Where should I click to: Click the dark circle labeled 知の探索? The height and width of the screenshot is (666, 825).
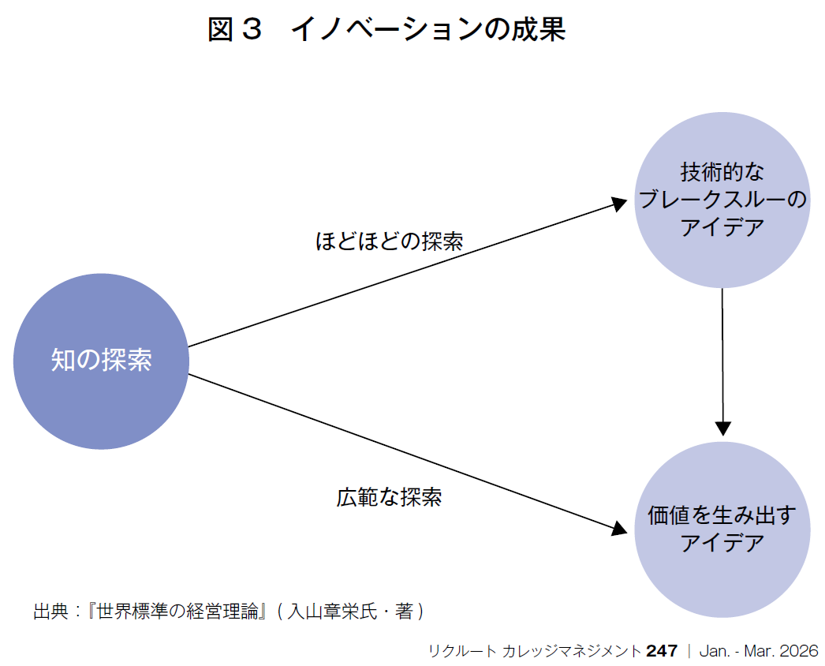point(101,361)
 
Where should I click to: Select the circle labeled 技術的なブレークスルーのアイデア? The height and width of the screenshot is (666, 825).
point(722,200)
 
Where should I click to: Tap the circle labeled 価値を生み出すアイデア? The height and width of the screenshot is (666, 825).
point(722,529)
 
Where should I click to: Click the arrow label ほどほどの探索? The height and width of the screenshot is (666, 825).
point(389,241)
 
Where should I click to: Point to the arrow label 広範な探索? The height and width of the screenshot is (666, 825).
point(389,497)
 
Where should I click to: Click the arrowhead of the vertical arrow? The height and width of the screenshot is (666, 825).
point(722,428)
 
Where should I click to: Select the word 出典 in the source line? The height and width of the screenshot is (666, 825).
point(50,612)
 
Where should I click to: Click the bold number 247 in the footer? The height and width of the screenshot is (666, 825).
point(662,651)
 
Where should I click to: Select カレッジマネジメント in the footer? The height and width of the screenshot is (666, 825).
point(571,651)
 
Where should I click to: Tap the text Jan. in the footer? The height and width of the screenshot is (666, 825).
point(714,651)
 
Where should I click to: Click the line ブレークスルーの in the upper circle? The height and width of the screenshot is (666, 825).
point(722,200)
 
